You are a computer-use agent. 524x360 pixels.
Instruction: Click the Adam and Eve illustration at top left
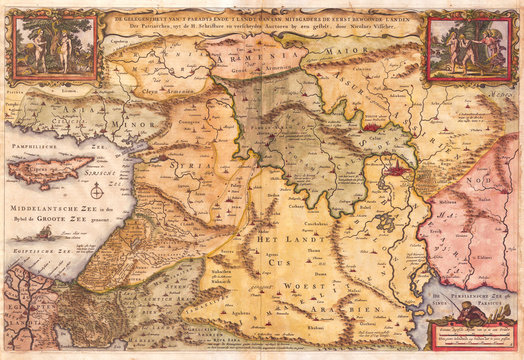(x=56, y=46)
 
